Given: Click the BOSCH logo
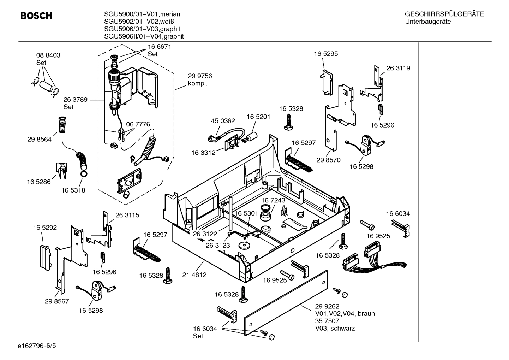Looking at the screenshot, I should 36,16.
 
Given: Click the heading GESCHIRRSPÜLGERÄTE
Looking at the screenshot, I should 444,14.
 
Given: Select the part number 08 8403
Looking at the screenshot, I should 48,55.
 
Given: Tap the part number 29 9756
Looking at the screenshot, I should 200,76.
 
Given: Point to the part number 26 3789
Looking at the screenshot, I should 75,100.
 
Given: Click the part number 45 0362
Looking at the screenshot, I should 223,121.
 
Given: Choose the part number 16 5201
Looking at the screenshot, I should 258,117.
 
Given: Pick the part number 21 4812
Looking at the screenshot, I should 194,275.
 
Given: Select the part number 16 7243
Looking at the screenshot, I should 273,200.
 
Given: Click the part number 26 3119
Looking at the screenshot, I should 398,68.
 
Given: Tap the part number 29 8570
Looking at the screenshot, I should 328,160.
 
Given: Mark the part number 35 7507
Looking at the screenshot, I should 327,321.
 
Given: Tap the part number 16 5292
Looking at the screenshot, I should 45,228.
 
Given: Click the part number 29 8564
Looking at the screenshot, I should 39,140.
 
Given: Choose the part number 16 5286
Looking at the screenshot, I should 38,182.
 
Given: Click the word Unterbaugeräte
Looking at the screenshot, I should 428,22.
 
